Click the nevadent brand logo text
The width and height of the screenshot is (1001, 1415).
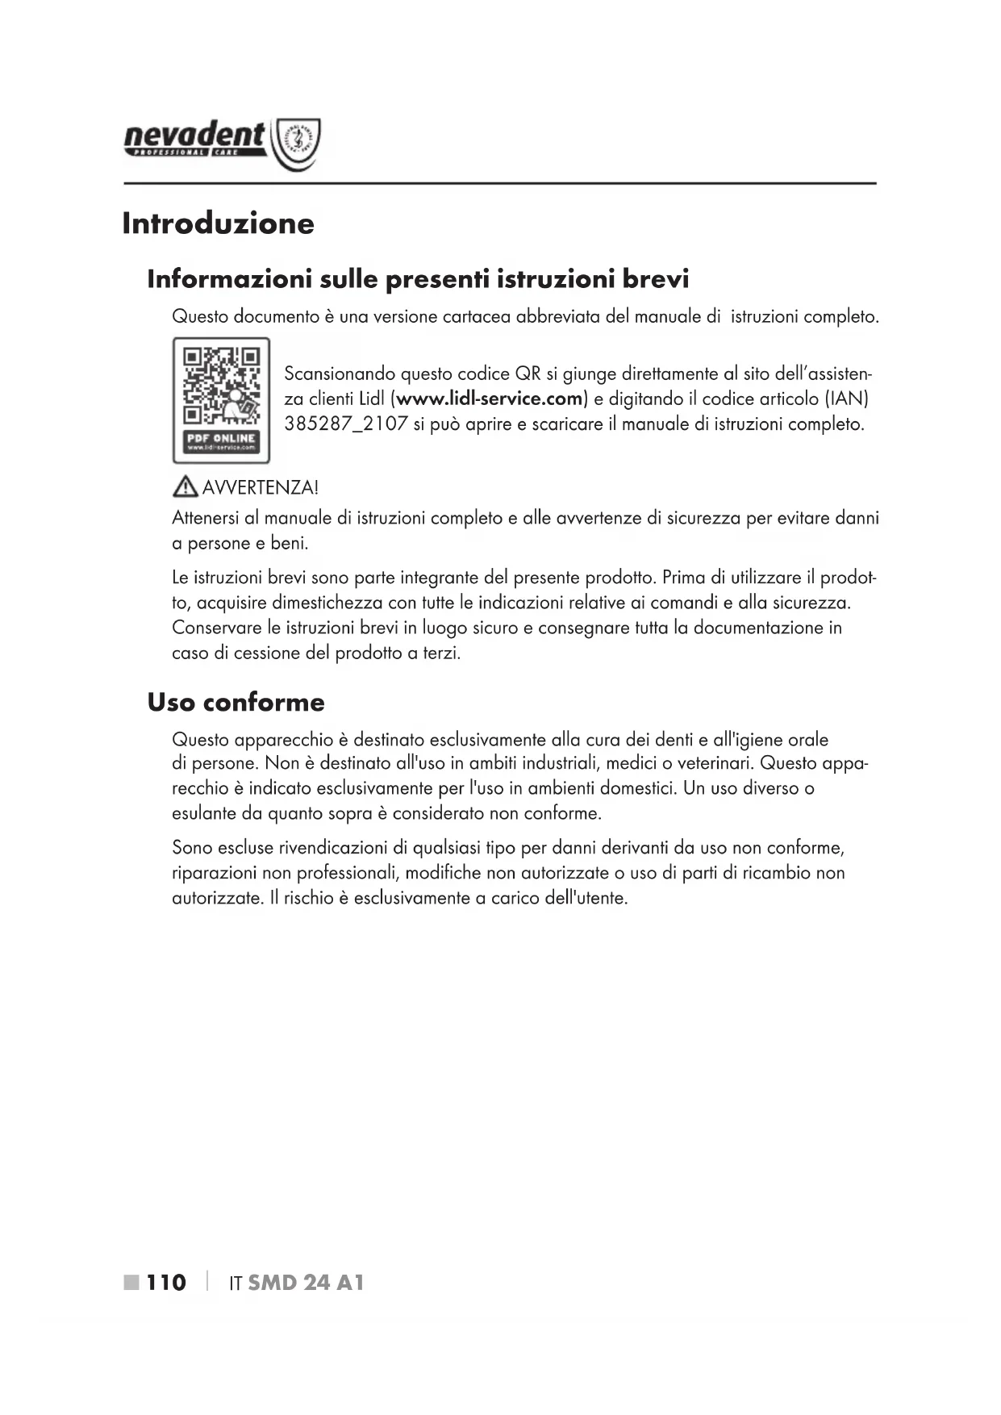point(194,137)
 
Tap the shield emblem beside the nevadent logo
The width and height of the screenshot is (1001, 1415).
point(298,144)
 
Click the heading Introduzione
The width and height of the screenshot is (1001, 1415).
point(218,223)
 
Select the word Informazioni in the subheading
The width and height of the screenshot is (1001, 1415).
point(229,279)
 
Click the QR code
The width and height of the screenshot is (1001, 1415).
point(221,386)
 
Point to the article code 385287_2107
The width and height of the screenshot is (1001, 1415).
point(346,424)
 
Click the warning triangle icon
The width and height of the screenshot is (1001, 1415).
point(185,486)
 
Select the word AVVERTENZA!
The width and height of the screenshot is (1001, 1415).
point(260,487)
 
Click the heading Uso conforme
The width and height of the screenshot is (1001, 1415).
point(236,702)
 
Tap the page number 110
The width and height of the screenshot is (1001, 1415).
point(166,1283)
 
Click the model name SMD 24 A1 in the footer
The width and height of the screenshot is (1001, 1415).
point(306,1283)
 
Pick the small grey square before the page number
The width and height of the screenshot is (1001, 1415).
point(131,1283)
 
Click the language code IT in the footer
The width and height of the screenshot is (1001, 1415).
point(236,1284)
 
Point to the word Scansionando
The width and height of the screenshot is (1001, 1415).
point(340,374)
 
